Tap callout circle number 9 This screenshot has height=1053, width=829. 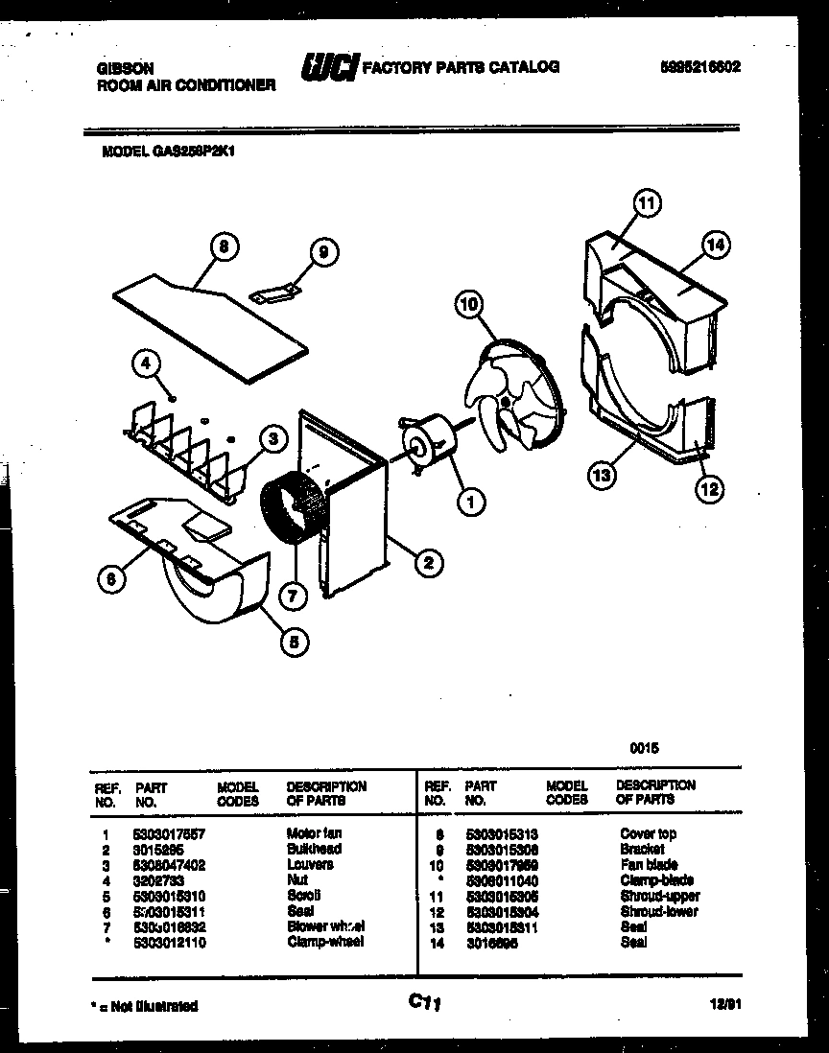[x=323, y=252]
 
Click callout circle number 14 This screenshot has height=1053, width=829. [x=714, y=246]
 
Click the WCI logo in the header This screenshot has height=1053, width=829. [x=329, y=68]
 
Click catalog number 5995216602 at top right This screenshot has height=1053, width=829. [x=699, y=67]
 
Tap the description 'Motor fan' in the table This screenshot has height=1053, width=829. [x=313, y=833]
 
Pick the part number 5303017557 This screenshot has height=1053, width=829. [x=169, y=833]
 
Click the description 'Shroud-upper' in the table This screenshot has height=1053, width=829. [x=659, y=896]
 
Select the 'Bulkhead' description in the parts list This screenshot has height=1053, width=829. [x=313, y=849]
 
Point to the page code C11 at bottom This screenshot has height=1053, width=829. [x=423, y=1002]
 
